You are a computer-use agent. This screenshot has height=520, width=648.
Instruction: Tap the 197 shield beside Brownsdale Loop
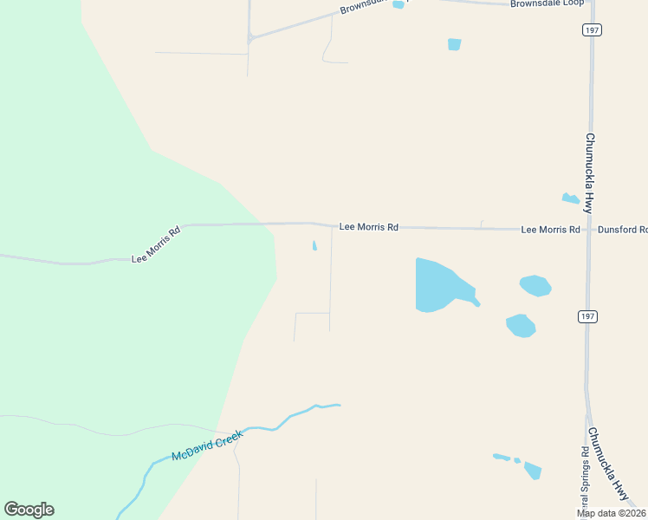[592, 29]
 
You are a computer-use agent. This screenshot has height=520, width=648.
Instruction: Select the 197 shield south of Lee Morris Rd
[588, 317]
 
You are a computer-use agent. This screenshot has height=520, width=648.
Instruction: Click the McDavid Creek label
[208, 445]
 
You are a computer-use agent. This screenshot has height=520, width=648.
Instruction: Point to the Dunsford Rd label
[622, 230]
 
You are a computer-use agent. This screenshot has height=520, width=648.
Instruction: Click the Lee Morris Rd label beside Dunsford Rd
[550, 230]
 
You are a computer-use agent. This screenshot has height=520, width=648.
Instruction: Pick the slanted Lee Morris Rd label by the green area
[156, 245]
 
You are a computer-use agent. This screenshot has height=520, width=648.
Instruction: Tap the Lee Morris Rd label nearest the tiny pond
[368, 227]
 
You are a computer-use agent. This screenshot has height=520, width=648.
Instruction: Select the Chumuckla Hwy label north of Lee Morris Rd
[588, 173]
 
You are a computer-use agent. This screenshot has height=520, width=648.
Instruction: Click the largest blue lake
[437, 285]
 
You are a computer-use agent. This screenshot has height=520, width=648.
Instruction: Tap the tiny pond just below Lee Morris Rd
[314, 246]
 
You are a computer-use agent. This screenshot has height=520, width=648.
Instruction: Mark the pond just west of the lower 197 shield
[520, 326]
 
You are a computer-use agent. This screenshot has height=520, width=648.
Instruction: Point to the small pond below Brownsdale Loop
[454, 44]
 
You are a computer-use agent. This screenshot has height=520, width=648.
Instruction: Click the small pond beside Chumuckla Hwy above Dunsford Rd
[570, 198]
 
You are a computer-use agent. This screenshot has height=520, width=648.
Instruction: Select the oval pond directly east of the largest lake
[535, 285]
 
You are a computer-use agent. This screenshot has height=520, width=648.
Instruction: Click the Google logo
[29, 510]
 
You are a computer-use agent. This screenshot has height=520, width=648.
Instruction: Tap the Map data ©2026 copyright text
[612, 513]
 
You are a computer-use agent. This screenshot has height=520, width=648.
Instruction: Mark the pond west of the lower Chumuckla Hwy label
[532, 471]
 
